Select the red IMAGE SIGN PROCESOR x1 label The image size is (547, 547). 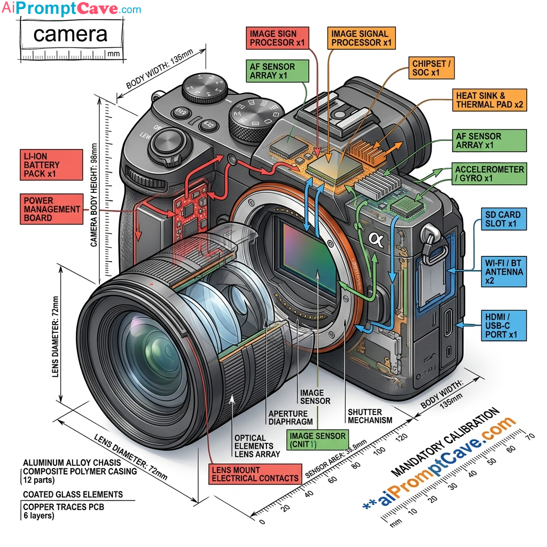tap(281, 38)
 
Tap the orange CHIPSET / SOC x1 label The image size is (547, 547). tap(432, 68)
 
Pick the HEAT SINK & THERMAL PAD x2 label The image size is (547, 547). tap(489, 100)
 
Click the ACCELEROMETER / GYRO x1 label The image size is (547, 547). tap(489, 174)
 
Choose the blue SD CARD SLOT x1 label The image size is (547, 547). tap(503, 218)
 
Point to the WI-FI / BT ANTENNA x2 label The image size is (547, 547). tap(503, 272)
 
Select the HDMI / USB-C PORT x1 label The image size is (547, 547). tap(503, 325)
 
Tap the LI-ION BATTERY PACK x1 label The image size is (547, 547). tap(52, 165)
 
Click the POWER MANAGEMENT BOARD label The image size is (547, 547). tap(52, 209)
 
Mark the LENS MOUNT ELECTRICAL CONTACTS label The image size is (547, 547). tap(255, 474)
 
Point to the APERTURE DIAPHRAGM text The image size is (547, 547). tap(288, 417)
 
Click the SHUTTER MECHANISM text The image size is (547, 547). tap(370, 416)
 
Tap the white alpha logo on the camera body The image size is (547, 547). tap(376, 238)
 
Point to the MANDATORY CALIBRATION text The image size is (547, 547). tap(446, 442)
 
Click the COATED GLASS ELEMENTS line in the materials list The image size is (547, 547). tap(73, 494)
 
